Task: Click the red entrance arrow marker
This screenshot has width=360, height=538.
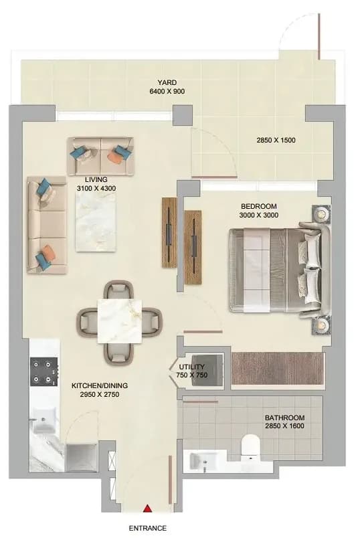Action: point(147,508)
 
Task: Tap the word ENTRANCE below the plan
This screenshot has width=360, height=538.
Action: point(148,528)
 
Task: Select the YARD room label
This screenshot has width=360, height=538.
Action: point(167,82)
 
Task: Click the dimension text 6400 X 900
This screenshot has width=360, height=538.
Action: point(167,91)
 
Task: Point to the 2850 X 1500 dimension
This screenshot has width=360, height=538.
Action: point(276,140)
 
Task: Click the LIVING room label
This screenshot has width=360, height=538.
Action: point(96,179)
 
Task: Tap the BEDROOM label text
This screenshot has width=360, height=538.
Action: point(259,206)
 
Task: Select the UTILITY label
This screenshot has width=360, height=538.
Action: point(191,367)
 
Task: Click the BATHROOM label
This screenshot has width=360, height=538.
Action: point(284,418)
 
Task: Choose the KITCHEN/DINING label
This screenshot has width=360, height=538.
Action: point(100,385)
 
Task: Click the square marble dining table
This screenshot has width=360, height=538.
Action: point(120,321)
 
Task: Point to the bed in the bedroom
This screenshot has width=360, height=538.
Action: point(280,270)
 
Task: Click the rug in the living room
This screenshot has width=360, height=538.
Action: point(96,221)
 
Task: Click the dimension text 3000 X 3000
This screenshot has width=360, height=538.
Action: point(259,215)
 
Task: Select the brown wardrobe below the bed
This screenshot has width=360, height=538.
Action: point(278,368)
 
